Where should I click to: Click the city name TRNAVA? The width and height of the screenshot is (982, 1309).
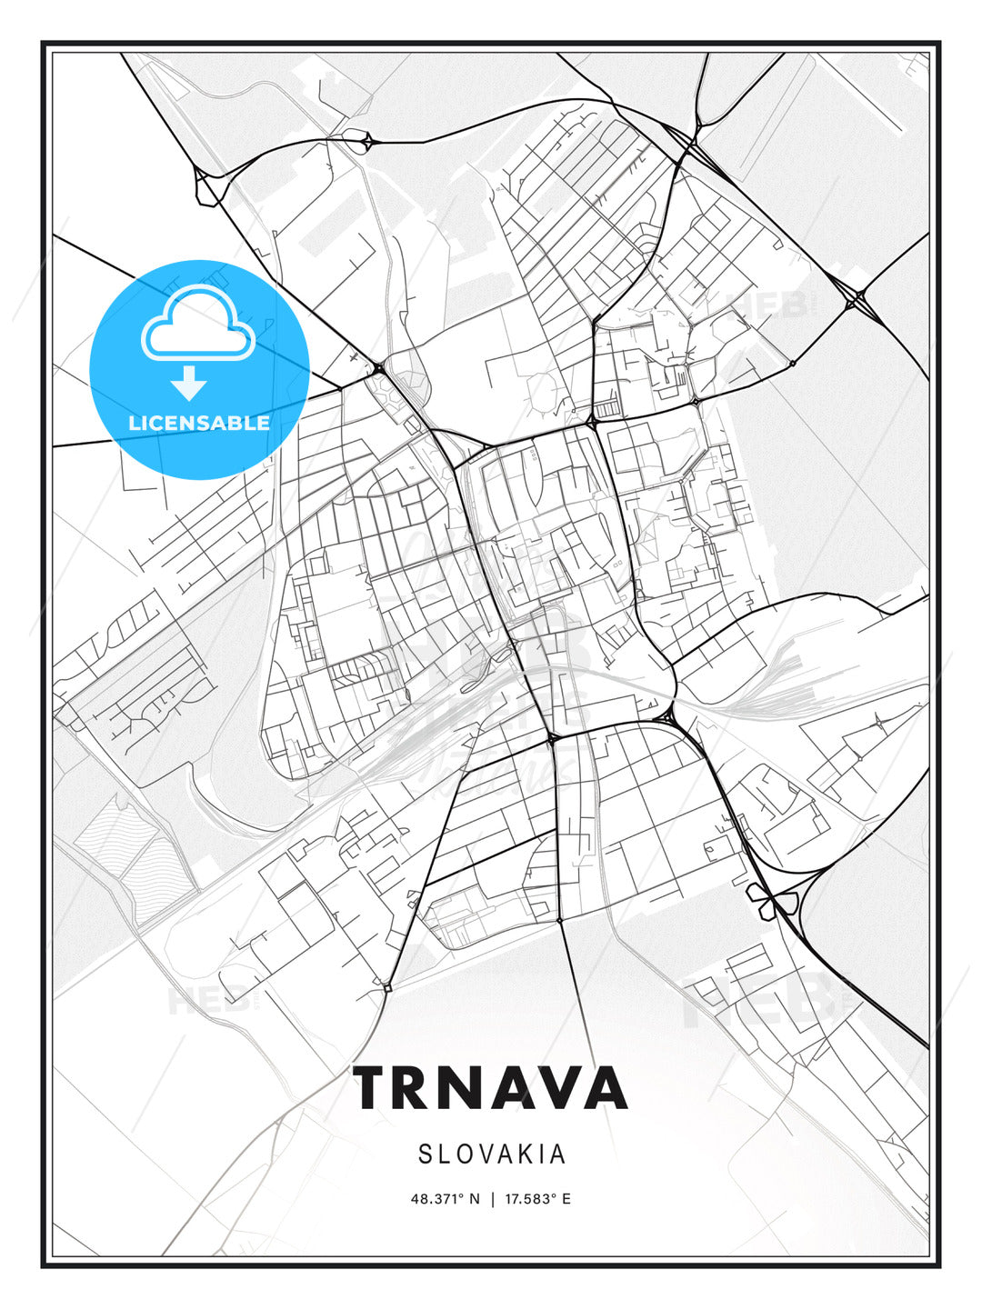click(491, 1088)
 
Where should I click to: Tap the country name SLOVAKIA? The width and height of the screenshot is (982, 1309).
click(492, 1154)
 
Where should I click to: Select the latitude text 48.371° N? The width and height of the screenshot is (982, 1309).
click(445, 1199)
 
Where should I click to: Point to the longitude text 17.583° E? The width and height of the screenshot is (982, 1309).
click(536, 1199)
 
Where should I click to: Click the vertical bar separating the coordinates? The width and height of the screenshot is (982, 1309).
click(492, 1199)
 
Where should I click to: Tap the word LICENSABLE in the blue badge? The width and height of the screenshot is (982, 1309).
click(199, 423)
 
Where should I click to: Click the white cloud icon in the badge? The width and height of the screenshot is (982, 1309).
click(197, 323)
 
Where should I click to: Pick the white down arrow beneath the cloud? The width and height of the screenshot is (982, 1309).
click(189, 384)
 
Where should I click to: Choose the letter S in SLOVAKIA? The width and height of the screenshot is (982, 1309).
click(426, 1154)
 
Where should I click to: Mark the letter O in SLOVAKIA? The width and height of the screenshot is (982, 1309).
click(466, 1154)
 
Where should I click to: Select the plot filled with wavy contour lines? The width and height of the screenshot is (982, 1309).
click(136, 841)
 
